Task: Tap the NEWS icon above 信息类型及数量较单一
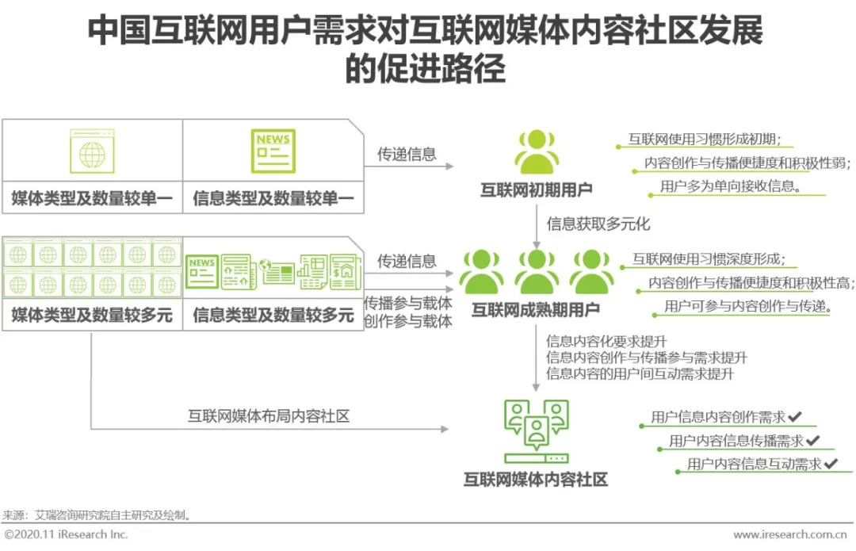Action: [273, 151]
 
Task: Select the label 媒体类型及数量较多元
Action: [92, 316]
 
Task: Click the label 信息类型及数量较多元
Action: [273, 316]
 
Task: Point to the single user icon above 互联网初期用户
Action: [536, 151]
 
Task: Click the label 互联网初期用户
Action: [536, 189]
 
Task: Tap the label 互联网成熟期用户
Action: [536, 309]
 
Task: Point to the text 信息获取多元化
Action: [598, 224]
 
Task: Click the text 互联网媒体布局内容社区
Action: [269, 415]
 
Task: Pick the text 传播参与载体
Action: [408, 304]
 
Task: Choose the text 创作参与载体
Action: [408, 321]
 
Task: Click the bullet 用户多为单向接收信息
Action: [729, 187]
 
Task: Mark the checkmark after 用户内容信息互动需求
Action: [831, 464]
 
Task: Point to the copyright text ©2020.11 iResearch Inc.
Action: [66, 534]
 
